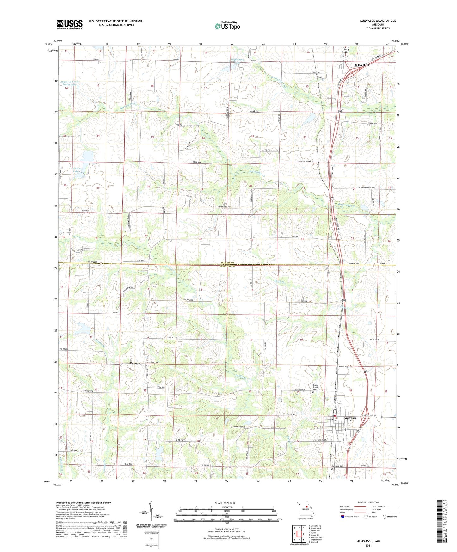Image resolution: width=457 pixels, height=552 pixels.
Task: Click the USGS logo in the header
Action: pos(70,24)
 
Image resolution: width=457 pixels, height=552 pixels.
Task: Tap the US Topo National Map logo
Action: pos(227,26)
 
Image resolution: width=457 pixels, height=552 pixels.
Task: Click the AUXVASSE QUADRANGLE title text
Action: pos(378,21)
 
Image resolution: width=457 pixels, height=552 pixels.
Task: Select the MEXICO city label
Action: pos(361,65)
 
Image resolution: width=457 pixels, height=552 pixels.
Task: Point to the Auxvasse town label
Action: pos(350,418)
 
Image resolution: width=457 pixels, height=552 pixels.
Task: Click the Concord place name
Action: pos(136,363)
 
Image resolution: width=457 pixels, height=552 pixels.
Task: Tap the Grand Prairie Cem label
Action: pos(317,387)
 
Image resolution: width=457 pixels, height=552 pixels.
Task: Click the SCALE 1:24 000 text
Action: pos(225,503)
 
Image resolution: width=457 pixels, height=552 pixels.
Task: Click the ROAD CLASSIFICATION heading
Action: pos(369,502)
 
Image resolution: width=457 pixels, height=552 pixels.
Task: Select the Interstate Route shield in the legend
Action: pos(343,516)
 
